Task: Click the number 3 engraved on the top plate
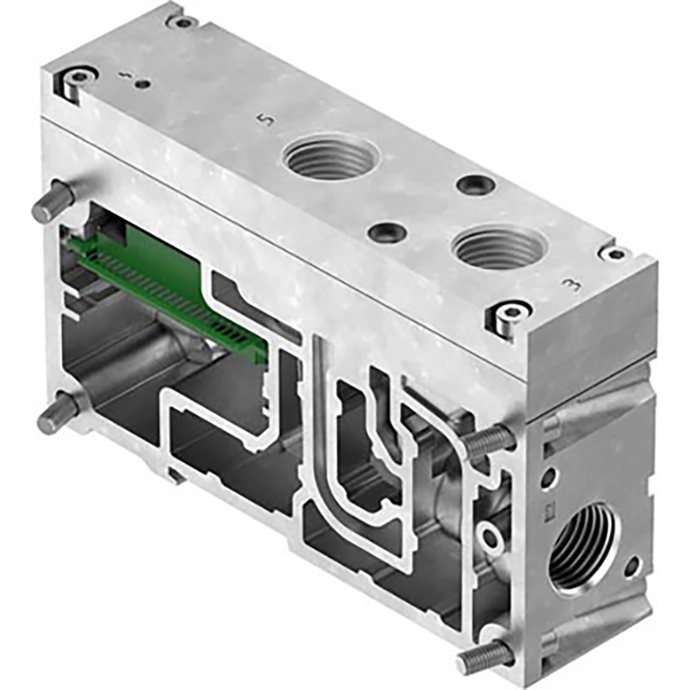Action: pos(569,286)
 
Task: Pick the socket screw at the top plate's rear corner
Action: pos(181,21)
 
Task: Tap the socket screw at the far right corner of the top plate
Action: pos(615,253)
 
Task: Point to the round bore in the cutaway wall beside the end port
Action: pos(488,538)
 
